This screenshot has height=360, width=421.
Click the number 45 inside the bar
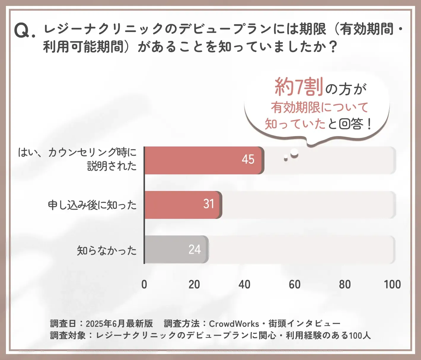pos(248,160)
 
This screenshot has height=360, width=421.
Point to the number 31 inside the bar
pos(209,204)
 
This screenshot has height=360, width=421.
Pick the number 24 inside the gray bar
pos(194,249)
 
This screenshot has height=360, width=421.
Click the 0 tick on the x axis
pos(144,284)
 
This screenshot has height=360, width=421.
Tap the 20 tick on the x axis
pos(194,284)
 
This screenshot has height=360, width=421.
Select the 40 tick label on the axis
pos(244,284)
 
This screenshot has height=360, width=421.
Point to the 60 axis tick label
pos(294,284)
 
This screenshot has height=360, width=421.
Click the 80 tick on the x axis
pos(345,284)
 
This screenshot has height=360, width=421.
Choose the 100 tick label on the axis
pos(392,284)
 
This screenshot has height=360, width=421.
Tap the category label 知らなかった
pos(107,251)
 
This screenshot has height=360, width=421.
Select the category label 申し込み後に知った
pos(92,205)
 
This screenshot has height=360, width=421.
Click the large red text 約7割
pos(299,87)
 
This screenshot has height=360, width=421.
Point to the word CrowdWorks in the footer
pos(234,324)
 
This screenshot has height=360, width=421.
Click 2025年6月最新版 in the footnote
pos(119,324)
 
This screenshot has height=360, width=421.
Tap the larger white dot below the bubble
pos(294,153)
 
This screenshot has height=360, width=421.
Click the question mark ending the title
pos(333,47)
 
